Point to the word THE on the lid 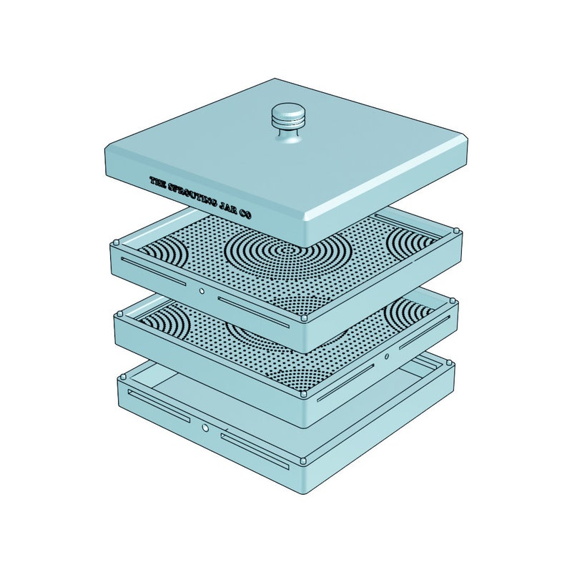157,182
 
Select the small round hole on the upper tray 202,291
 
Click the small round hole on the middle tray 387,356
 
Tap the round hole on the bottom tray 205,427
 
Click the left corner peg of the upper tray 117,242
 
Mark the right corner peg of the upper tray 456,231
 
